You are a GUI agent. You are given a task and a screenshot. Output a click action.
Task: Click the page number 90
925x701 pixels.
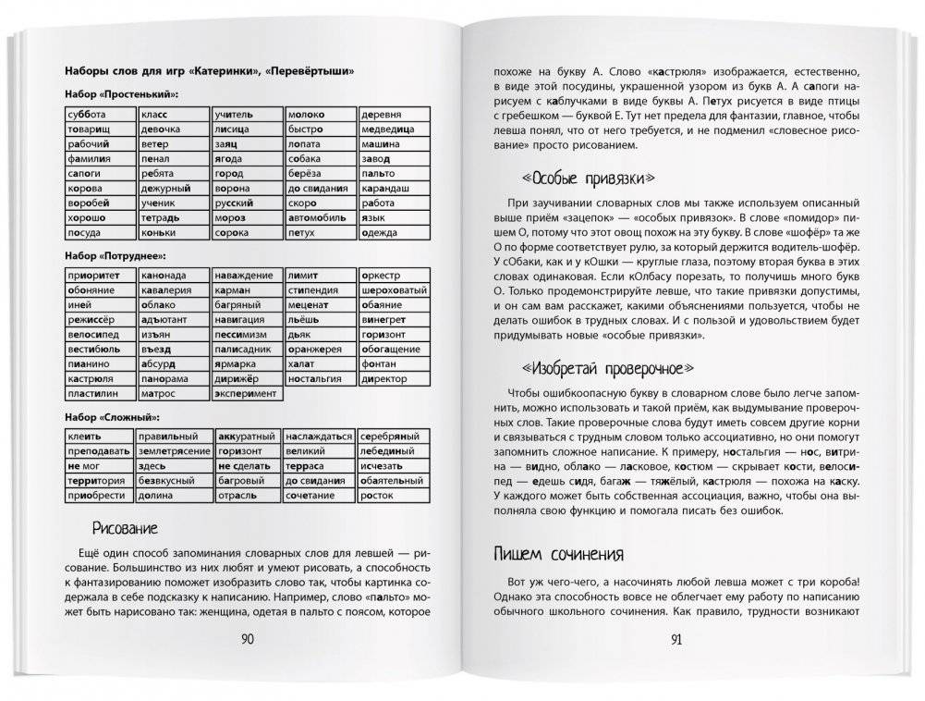(x=247, y=639)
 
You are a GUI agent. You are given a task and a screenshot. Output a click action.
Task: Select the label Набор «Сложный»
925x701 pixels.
(x=115, y=416)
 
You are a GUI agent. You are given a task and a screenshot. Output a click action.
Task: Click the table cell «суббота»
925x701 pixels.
(x=100, y=115)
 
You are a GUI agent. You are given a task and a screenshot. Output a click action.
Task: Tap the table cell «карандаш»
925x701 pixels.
(x=393, y=189)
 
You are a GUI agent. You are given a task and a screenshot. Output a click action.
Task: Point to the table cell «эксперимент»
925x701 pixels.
(x=247, y=393)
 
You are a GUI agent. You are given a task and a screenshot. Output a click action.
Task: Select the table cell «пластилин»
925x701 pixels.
(x=100, y=393)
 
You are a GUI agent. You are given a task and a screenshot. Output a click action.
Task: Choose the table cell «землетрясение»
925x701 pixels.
(x=174, y=451)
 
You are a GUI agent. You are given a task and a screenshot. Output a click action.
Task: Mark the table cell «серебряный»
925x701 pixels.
(x=393, y=436)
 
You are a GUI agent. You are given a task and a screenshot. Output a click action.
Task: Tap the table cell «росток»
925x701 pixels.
(x=393, y=495)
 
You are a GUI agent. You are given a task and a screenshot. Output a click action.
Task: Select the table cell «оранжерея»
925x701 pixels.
(x=319, y=349)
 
